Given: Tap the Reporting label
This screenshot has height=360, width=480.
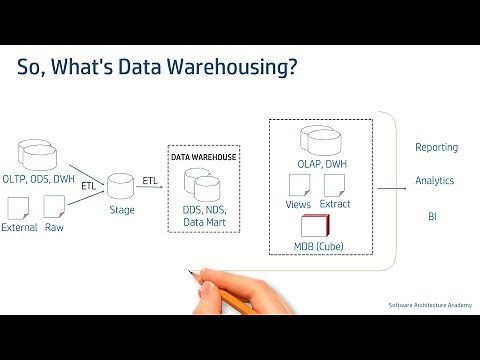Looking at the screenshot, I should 436,148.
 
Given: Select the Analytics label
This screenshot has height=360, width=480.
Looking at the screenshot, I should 435,181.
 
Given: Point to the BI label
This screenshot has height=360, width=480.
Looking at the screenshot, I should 433,215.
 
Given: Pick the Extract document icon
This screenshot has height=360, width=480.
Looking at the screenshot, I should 334,185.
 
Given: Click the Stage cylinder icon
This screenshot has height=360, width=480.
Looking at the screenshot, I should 122,186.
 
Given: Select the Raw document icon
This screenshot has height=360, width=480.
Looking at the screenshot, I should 54,208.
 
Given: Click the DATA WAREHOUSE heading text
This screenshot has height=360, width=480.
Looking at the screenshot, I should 202,158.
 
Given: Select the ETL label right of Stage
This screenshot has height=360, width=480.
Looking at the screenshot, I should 150,180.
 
